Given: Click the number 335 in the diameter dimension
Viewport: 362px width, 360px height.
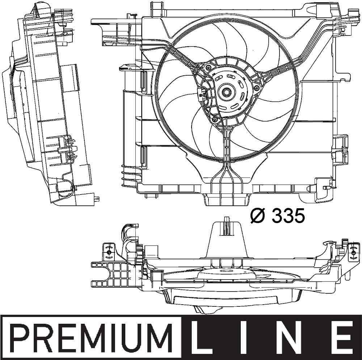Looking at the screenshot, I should point(288,216).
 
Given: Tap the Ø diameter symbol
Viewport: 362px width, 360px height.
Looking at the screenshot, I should point(258,216).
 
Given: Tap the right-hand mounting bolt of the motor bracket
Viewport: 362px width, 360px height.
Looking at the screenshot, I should point(256,88).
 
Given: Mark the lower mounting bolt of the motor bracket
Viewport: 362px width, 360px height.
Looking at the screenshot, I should point(215,120).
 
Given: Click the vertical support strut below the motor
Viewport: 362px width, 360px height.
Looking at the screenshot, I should point(226,148).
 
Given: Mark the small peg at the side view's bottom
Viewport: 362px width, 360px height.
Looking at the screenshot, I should point(98,198).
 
